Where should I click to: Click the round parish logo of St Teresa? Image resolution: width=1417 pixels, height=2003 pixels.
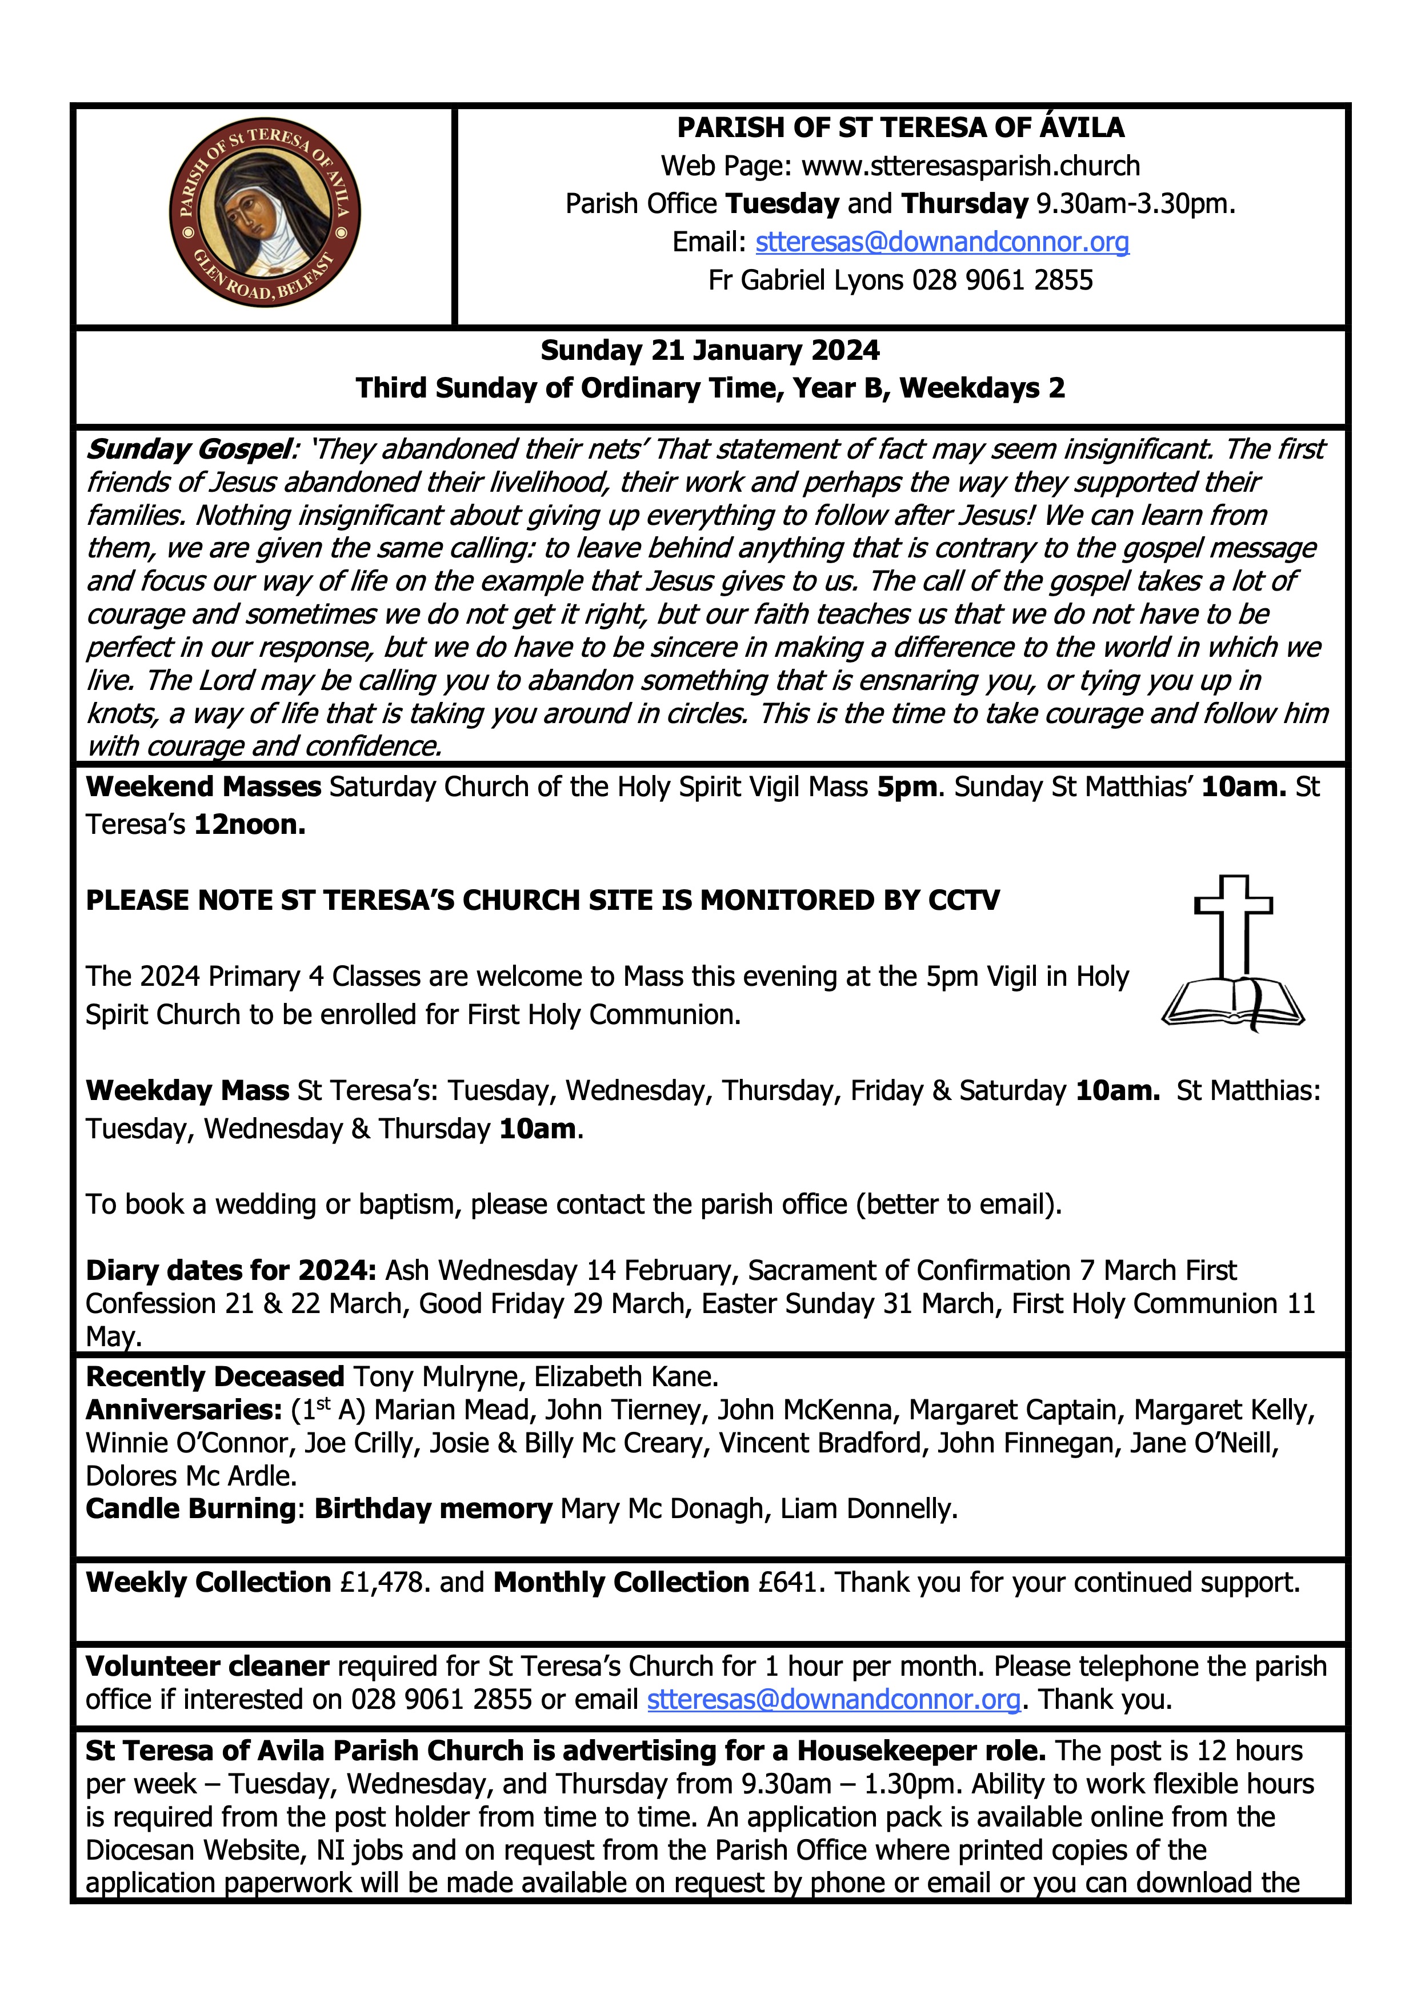tap(265, 213)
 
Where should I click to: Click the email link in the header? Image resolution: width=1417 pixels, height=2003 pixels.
tap(942, 242)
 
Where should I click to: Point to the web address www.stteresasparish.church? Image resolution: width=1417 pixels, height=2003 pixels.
tap(970, 166)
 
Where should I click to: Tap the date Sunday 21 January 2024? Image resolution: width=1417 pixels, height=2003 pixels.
tap(710, 350)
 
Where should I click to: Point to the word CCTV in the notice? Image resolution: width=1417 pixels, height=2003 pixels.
tap(963, 900)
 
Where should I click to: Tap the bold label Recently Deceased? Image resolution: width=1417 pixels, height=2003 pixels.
tap(215, 1376)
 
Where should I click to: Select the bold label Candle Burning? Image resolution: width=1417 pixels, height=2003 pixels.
tap(190, 1508)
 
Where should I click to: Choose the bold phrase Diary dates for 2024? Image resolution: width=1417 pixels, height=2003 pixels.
tap(230, 1270)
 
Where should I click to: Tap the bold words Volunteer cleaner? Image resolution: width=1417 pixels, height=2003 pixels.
tap(207, 1666)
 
